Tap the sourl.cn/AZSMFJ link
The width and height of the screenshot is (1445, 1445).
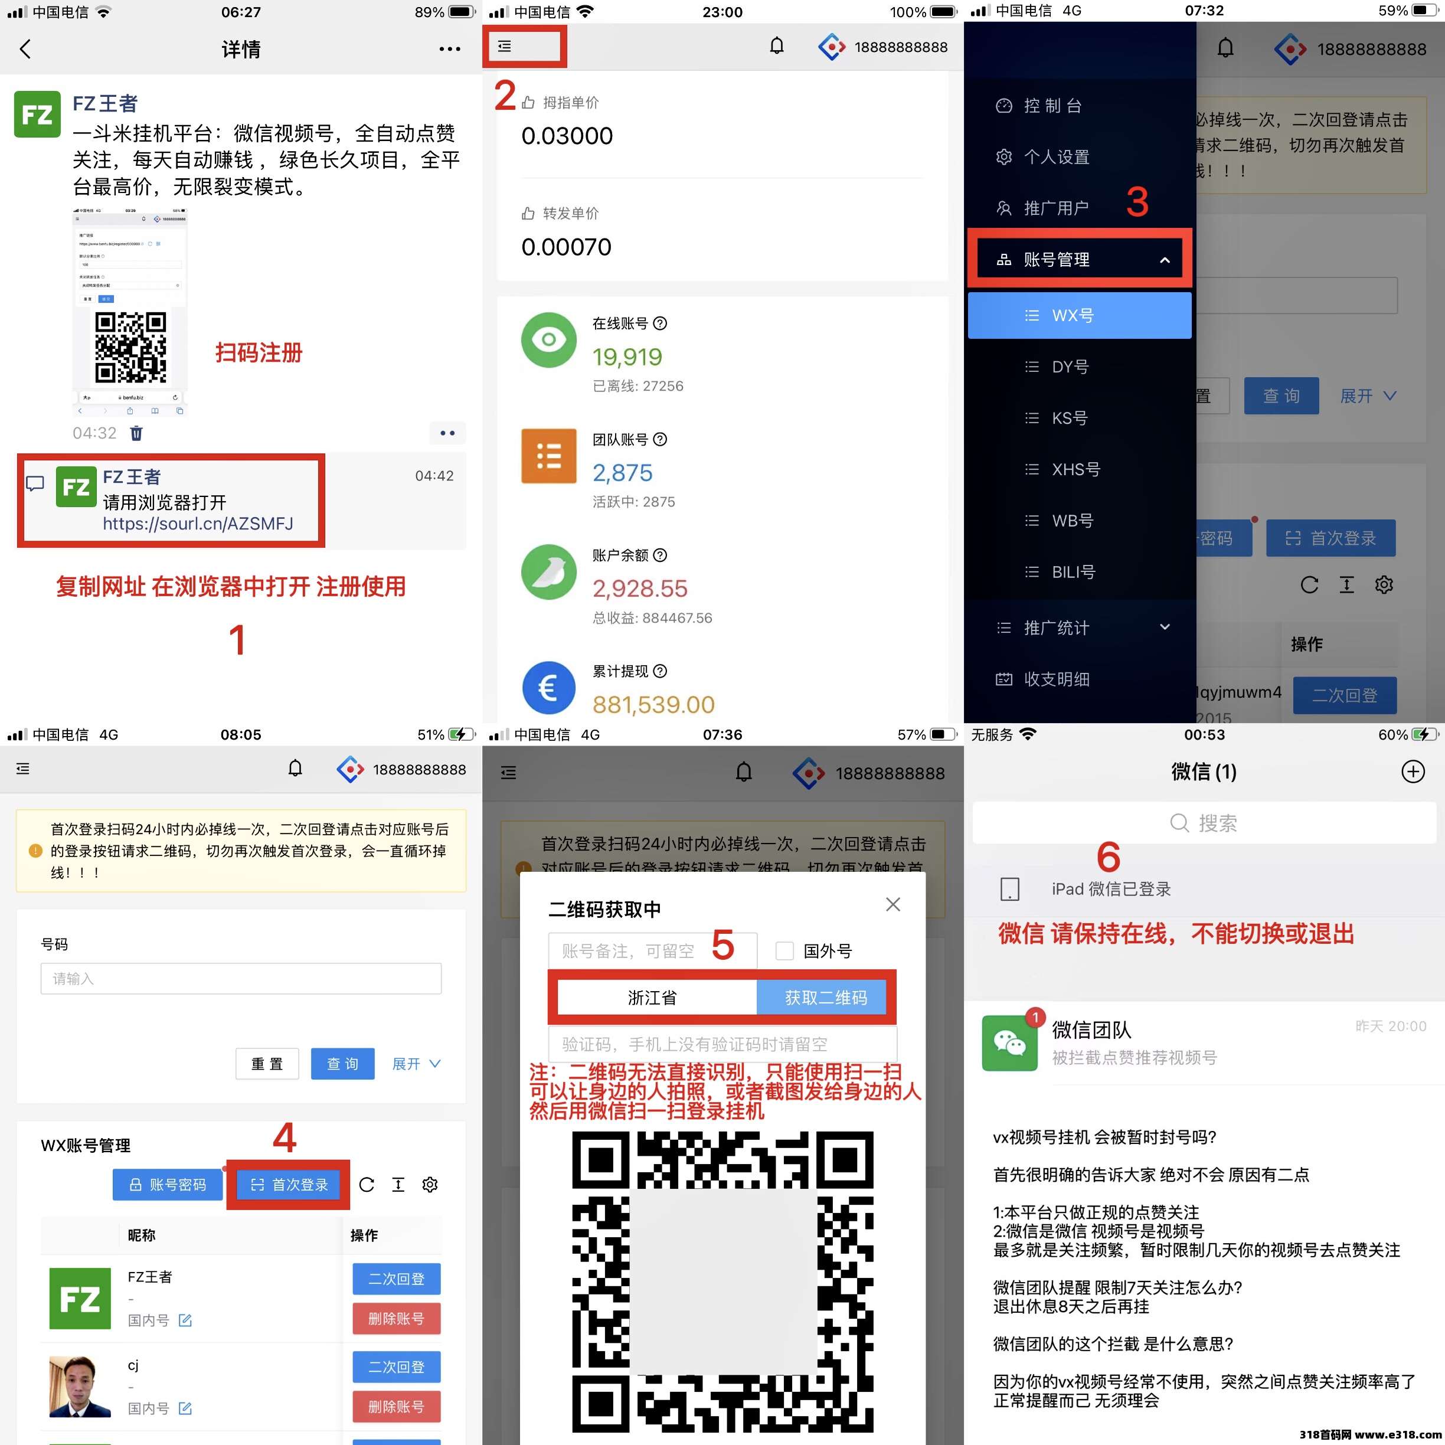(x=198, y=524)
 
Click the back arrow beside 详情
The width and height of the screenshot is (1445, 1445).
(x=25, y=50)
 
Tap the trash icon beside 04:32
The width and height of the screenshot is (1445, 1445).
(x=136, y=433)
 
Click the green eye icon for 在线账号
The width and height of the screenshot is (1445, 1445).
(x=548, y=339)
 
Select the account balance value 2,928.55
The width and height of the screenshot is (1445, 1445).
(x=639, y=589)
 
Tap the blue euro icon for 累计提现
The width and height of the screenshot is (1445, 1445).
(x=548, y=687)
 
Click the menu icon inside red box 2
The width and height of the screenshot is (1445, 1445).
(x=505, y=47)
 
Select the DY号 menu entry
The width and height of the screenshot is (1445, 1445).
(x=1070, y=367)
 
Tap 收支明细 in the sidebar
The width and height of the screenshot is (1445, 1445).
(x=1055, y=679)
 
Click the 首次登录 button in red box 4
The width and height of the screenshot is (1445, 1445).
(x=289, y=1185)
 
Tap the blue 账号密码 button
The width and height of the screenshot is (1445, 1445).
(x=168, y=1185)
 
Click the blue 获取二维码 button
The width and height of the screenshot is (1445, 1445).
(x=825, y=998)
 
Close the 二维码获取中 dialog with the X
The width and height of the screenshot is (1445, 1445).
(x=892, y=904)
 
